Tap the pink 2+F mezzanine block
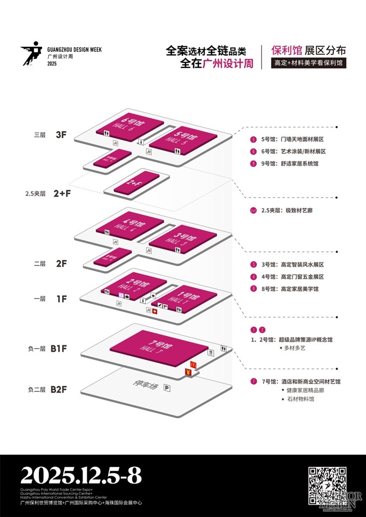135,182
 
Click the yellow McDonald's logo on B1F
193,365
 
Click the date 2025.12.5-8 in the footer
81,476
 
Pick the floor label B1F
58,349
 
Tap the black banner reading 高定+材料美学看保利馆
308,63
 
